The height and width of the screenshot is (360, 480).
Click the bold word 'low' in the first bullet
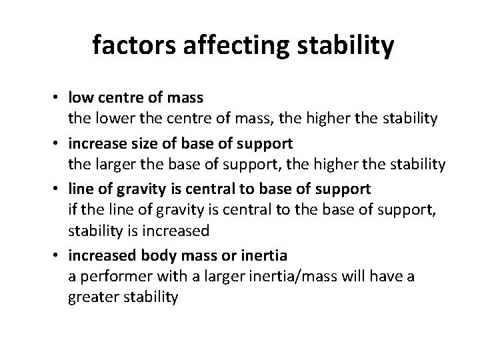point(80,97)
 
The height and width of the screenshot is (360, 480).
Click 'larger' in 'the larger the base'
point(111,164)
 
